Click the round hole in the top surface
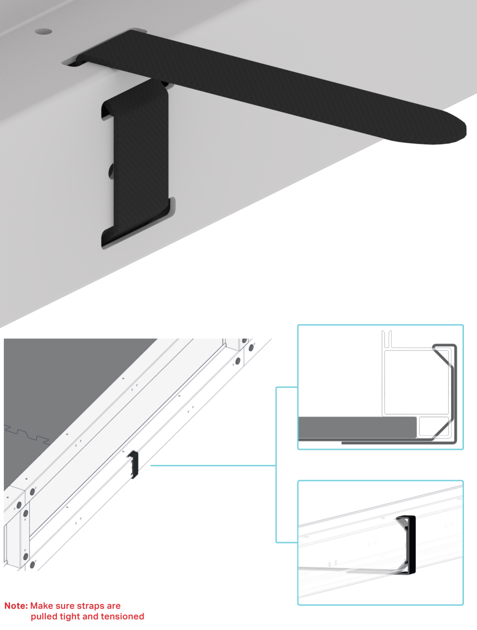(x=43, y=31)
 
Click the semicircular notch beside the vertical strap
(x=111, y=171)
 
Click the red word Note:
(x=16, y=606)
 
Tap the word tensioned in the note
(x=123, y=616)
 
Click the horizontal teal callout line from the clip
(x=212, y=465)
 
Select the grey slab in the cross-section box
(x=356, y=428)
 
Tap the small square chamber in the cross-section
(x=433, y=427)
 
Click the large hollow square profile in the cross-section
(x=416, y=381)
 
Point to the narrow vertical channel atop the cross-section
(x=386, y=339)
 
